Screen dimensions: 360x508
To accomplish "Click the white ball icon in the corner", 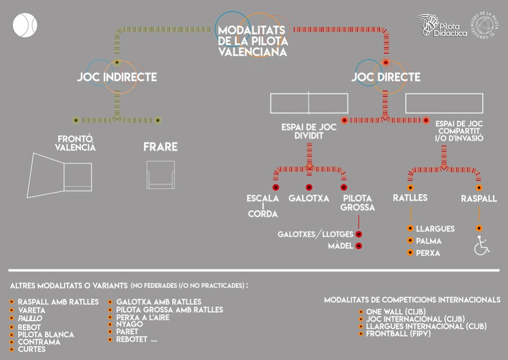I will click(25, 25).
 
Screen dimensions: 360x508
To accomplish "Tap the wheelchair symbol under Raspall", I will click(481, 246).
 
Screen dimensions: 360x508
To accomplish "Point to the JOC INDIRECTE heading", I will click(117, 77).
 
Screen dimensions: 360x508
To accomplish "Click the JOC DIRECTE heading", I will click(385, 77).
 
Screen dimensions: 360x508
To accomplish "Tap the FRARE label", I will click(160, 147).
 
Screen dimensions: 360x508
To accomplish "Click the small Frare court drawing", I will click(160, 174).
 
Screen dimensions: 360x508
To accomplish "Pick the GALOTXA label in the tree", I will click(309, 199).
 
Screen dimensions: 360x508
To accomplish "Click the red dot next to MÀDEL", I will click(359, 246).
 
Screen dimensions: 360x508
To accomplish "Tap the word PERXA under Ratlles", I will click(428, 253).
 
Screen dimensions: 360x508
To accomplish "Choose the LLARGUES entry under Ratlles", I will click(435, 229).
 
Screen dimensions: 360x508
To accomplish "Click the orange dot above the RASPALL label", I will click(479, 188).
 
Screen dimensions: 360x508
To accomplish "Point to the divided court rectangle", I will click(309, 103).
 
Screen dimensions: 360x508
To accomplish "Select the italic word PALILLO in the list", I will click(30, 318).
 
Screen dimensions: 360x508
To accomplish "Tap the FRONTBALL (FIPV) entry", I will click(398, 334).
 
